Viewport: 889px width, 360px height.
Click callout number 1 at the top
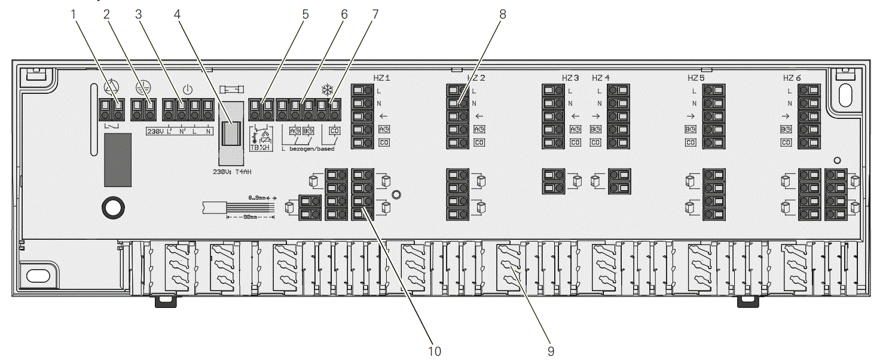coord(74,14)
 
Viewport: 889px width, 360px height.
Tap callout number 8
coord(503,14)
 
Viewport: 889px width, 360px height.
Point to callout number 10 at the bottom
coord(435,350)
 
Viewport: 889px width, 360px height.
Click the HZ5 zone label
coord(696,78)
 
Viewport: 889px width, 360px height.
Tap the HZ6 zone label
coord(792,78)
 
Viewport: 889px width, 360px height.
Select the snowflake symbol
coord(327,90)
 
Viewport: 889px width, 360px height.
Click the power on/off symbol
coord(187,90)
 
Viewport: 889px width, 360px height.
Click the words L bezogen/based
coord(307,148)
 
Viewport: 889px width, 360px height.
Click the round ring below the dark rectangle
coord(113,207)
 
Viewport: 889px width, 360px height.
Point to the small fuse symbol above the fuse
coord(231,89)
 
